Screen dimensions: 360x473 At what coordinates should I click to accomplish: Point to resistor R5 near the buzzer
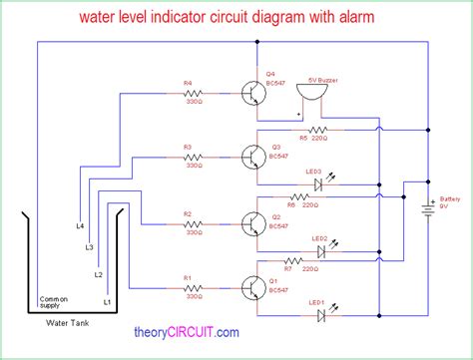(x=318, y=131)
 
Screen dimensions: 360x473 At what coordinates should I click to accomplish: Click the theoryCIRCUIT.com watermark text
(x=186, y=333)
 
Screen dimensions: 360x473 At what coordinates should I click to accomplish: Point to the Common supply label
(x=54, y=302)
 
